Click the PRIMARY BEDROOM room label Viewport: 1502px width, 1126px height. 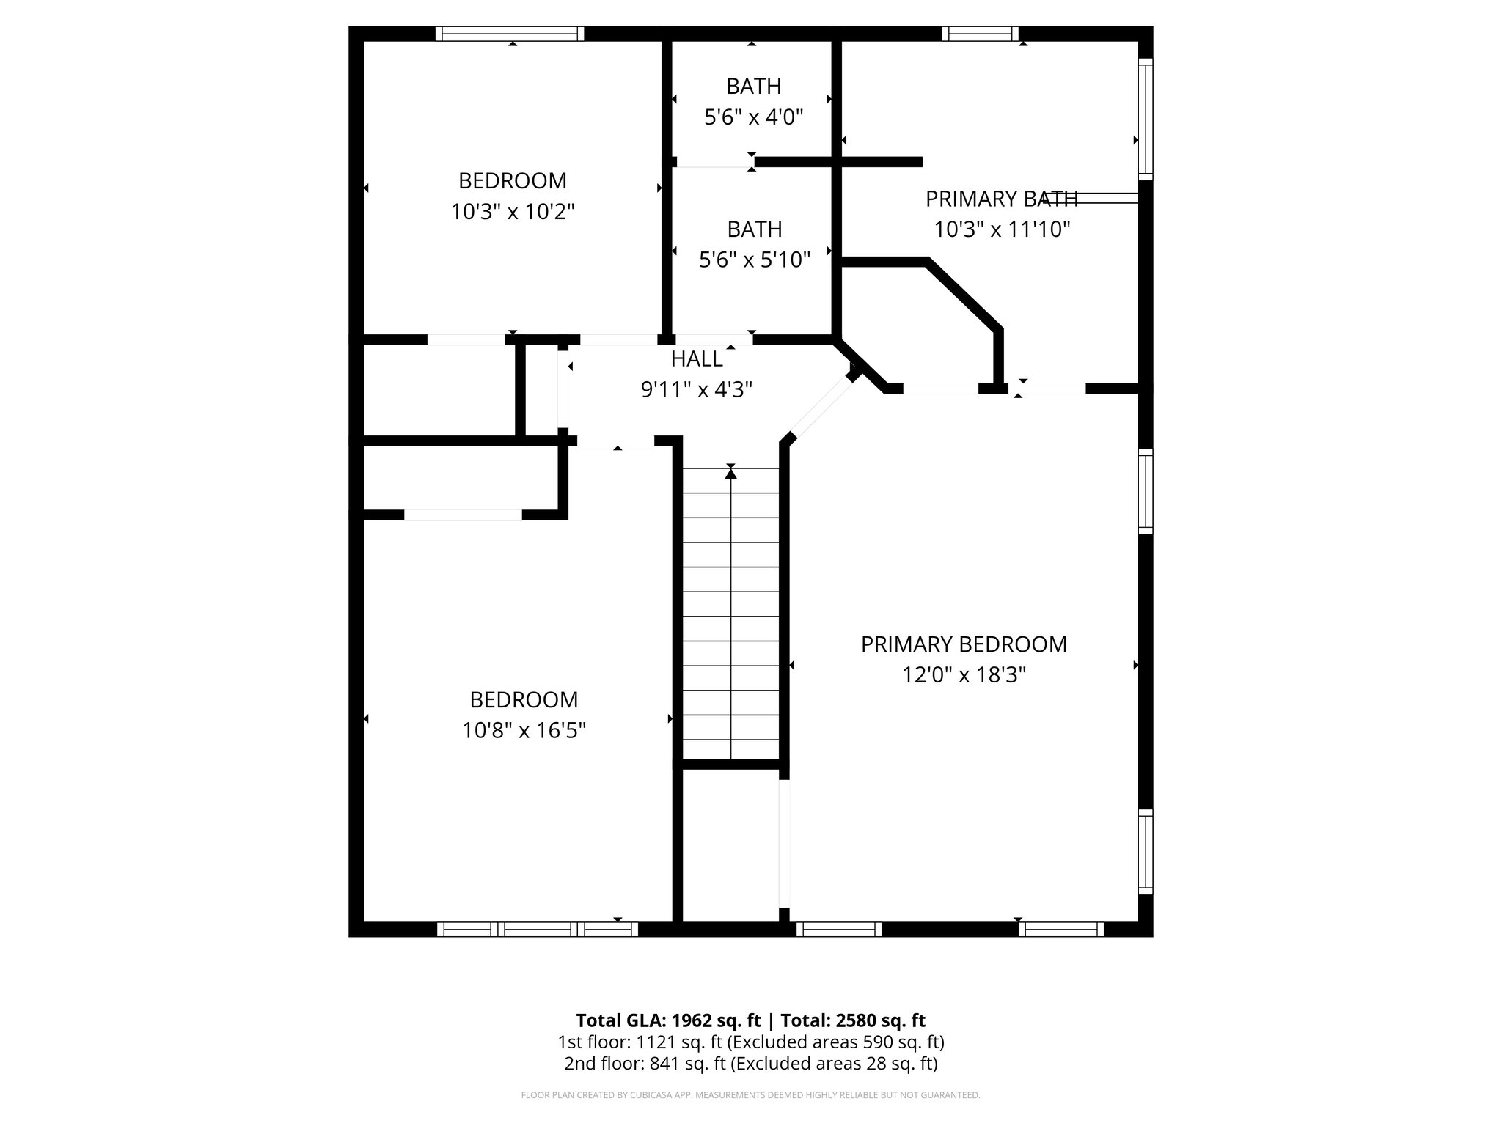[x=964, y=644]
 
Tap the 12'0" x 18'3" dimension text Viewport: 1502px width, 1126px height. [x=964, y=675]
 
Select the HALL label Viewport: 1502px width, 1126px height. [x=697, y=359]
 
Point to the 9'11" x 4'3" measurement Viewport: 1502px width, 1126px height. [x=697, y=390]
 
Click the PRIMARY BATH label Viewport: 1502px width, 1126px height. [x=1001, y=199]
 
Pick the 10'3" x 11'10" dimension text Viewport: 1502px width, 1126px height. [x=1002, y=230]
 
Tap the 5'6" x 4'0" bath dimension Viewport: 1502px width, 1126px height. [x=754, y=117]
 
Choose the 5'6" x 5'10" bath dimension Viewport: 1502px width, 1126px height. [x=754, y=260]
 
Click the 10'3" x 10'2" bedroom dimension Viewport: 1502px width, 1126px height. [x=513, y=213]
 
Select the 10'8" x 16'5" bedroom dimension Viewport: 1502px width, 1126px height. [x=524, y=731]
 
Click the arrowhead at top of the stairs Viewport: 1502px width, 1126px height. [x=730, y=474]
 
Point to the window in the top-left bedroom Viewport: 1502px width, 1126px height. [x=510, y=34]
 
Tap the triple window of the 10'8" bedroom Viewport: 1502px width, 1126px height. [x=538, y=930]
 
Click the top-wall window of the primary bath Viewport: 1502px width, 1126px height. [x=981, y=34]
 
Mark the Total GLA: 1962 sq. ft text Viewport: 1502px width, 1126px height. [x=670, y=1020]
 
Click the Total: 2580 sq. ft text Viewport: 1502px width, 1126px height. [x=852, y=1020]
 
